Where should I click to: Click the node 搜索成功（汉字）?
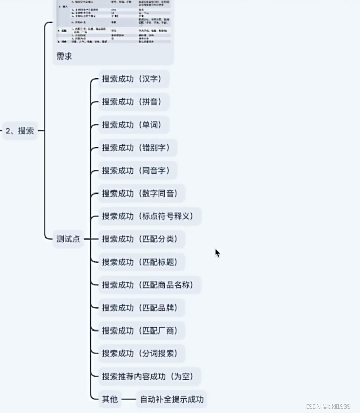(x=134, y=79)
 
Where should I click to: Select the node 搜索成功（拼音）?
(x=134, y=102)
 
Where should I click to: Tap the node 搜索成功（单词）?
(x=134, y=125)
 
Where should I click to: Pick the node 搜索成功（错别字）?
(x=138, y=148)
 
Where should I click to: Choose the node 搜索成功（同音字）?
(x=138, y=171)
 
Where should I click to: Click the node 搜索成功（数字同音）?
(x=142, y=194)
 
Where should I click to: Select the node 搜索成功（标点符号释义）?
(x=150, y=216)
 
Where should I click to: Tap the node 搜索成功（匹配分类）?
(x=142, y=239)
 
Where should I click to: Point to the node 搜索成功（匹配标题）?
(x=142, y=262)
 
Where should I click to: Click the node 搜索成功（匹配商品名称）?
(x=150, y=285)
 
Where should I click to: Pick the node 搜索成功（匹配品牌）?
(x=142, y=308)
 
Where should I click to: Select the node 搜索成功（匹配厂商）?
(x=142, y=331)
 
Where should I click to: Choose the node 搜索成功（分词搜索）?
(x=142, y=353)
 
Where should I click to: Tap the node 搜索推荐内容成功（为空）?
(x=150, y=377)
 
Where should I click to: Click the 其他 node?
(x=110, y=399)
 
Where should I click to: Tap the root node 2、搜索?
(x=19, y=131)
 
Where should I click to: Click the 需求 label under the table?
(x=64, y=56)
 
